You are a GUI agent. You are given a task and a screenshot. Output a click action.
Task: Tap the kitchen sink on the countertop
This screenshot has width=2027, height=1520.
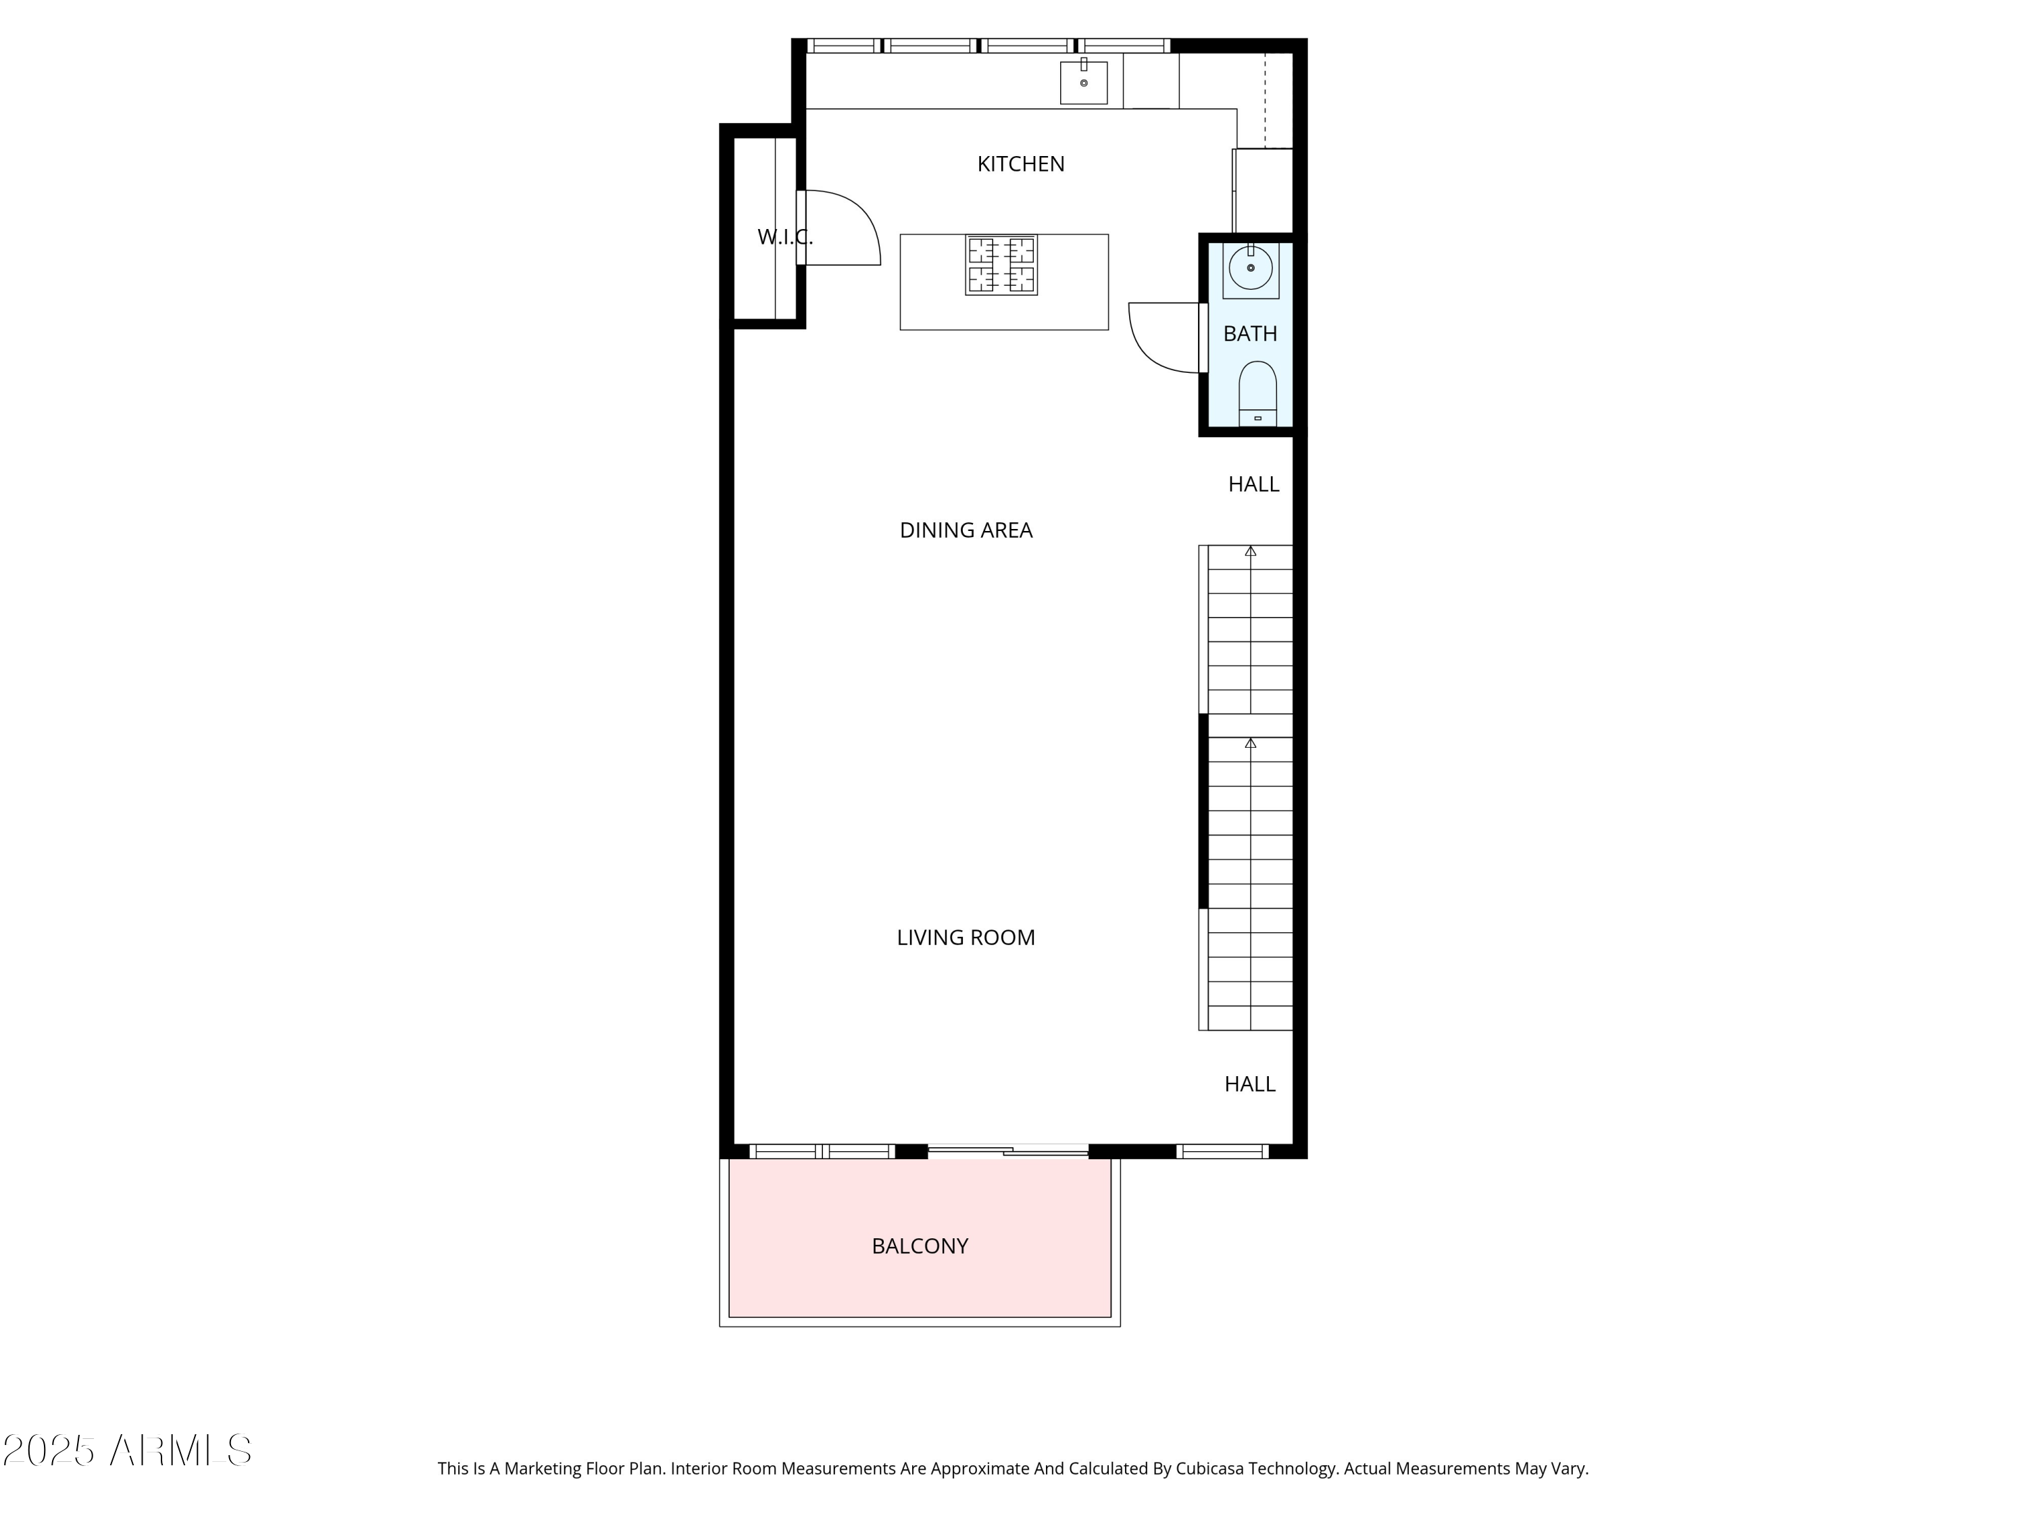click(1083, 82)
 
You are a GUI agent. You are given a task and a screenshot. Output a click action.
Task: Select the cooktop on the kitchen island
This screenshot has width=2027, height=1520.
click(1001, 265)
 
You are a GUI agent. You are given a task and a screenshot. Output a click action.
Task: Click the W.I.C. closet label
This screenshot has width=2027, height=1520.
click(784, 237)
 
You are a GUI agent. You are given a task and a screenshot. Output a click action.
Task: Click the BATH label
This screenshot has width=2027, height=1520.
click(1250, 334)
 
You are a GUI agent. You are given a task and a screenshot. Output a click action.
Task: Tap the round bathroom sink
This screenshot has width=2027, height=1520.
click(1250, 268)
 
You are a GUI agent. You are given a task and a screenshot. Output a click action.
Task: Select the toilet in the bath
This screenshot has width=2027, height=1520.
click(1257, 392)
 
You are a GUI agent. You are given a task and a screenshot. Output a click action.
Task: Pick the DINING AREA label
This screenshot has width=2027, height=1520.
click(966, 530)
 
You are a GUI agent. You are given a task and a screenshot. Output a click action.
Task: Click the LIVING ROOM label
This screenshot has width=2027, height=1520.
click(966, 937)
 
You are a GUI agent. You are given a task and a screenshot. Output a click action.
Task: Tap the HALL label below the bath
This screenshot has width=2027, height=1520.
click(1253, 484)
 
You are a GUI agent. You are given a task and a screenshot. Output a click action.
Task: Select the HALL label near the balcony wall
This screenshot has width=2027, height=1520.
click(1249, 1084)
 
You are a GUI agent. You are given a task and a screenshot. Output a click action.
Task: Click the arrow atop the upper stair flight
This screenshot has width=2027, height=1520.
click(1250, 551)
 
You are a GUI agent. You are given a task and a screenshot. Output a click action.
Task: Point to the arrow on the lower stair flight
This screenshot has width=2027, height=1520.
click(1250, 744)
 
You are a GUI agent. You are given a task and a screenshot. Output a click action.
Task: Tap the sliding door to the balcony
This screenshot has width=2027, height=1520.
click(1008, 1150)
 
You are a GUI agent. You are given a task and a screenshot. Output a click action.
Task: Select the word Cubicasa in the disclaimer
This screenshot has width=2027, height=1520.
click(1209, 1469)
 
